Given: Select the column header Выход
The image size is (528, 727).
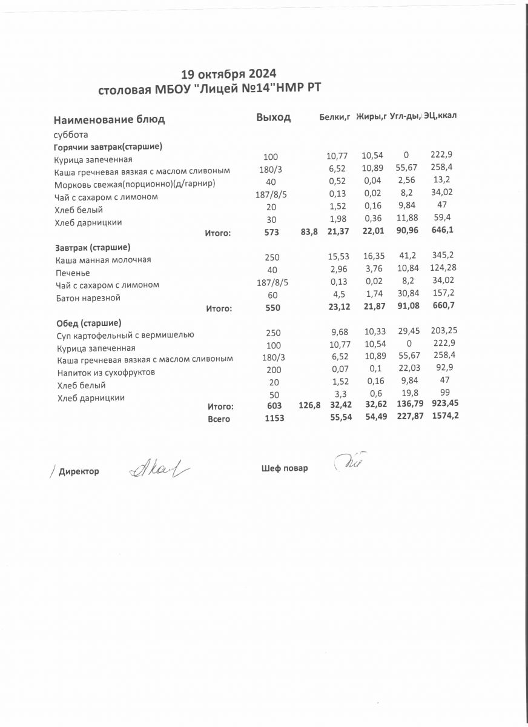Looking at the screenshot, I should (x=273, y=118).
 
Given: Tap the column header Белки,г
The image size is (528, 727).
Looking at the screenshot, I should (x=335, y=117).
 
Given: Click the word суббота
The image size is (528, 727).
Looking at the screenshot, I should (x=71, y=134).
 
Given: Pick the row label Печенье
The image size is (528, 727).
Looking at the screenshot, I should (x=73, y=273).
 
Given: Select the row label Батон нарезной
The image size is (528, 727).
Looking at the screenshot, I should (x=88, y=298).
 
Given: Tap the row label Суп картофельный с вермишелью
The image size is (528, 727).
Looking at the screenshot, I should (x=125, y=334).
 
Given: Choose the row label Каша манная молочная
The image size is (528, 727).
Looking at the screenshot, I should (x=102, y=260).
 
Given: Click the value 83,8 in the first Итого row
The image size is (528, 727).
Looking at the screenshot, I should (x=309, y=232).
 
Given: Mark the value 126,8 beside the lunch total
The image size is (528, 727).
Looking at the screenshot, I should (x=309, y=406).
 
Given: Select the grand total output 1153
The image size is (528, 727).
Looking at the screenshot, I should (x=274, y=419).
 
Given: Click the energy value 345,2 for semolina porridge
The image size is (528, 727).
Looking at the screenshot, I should (x=441, y=257).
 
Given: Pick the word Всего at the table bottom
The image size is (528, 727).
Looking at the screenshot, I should (x=219, y=419).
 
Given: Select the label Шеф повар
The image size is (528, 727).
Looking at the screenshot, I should (x=285, y=468).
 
